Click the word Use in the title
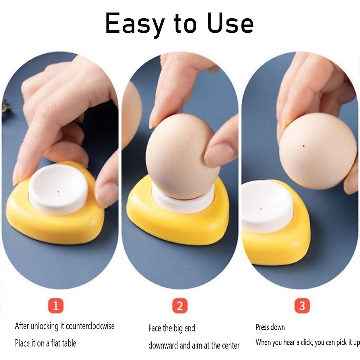230,23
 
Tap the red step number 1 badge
56,306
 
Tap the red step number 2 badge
180,306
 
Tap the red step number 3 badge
302,306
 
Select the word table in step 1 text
69,343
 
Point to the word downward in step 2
163,345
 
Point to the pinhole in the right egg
304,146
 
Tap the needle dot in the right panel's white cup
261,209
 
